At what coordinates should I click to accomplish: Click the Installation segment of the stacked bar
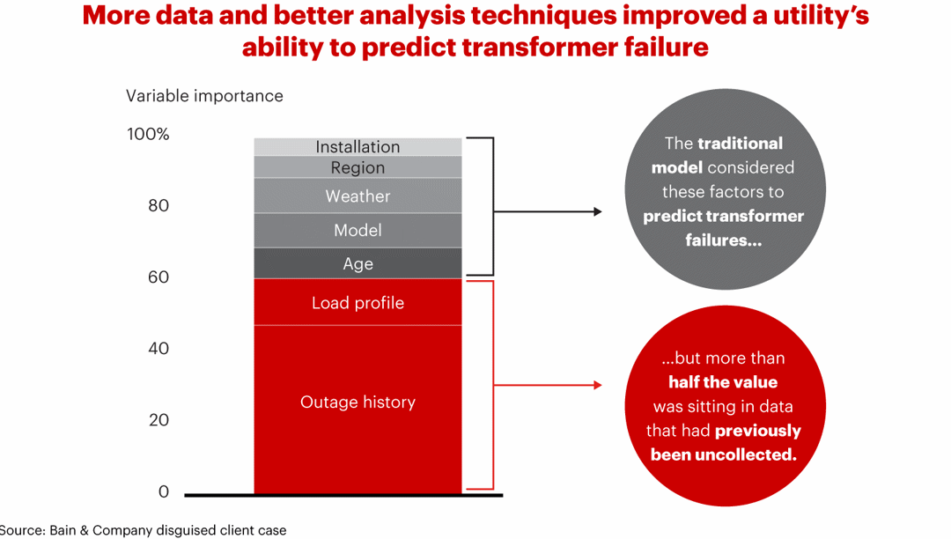[358, 147]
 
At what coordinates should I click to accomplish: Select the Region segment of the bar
[358, 167]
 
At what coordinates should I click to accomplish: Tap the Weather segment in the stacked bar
[358, 196]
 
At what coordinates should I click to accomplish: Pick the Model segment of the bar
[358, 230]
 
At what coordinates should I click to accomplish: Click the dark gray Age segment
[358, 263]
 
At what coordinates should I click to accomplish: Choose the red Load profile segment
[358, 302]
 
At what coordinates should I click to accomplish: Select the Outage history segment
[358, 402]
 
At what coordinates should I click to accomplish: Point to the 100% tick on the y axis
[147, 135]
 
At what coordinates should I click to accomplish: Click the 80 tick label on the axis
[158, 206]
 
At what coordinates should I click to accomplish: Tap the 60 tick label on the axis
[158, 277]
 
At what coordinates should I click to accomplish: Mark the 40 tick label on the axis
[158, 349]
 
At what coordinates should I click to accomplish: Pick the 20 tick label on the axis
[158, 420]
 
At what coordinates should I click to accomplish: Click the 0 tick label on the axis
[163, 491]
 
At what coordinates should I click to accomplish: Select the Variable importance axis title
[204, 96]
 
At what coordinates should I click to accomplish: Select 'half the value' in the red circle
[722, 382]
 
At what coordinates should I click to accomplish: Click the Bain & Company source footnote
[143, 529]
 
